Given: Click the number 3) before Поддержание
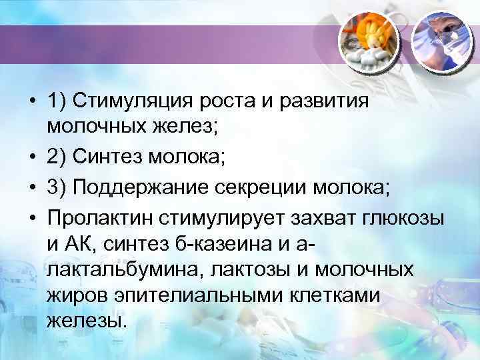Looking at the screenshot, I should tap(57, 187).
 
